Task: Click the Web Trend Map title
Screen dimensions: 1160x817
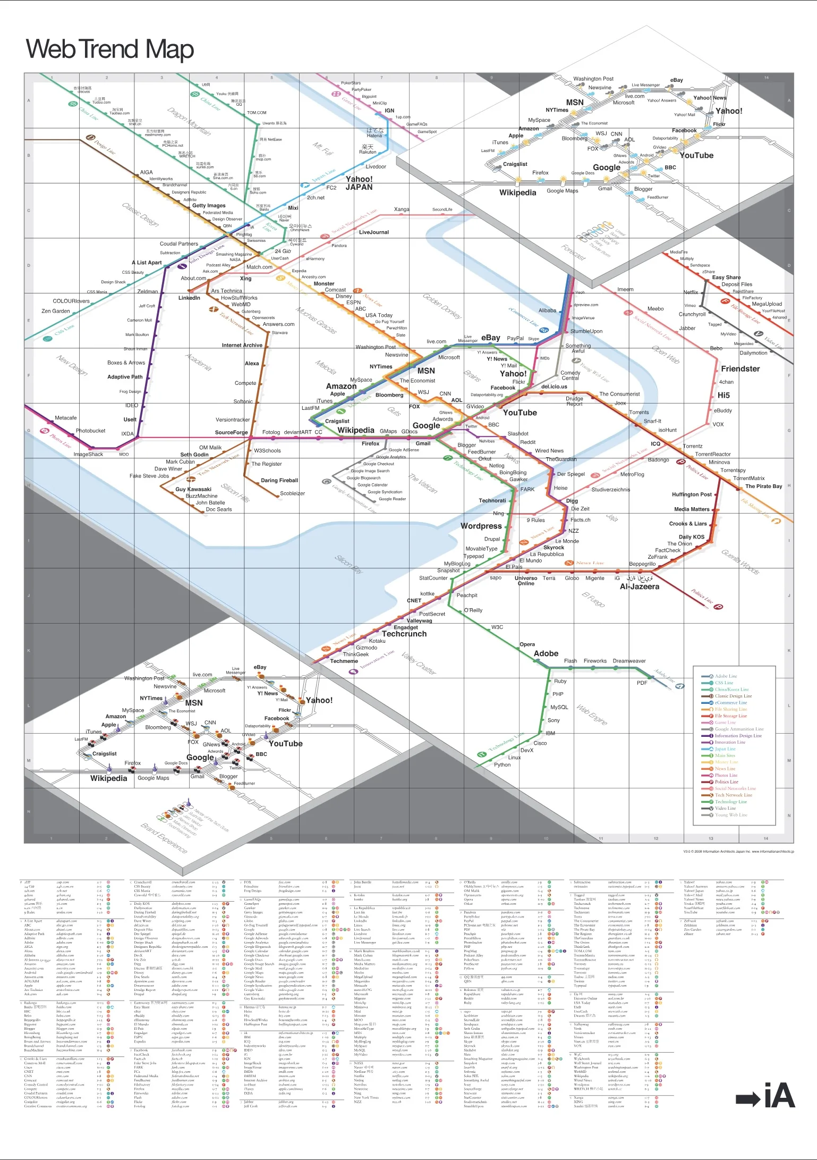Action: click(x=110, y=49)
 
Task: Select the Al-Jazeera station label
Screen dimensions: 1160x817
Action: click(x=640, y=586)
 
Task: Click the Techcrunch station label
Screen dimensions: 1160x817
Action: click(x=404, y=634)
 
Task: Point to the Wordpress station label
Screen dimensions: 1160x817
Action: click(x=481, y=526)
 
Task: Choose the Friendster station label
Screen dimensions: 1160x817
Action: click(x=740, y=368)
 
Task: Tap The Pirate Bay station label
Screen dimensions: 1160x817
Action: click(x=763, y=486)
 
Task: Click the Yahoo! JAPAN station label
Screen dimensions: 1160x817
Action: click(x=359, y=183)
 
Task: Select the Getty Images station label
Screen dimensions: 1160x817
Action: click(x=209, y=205)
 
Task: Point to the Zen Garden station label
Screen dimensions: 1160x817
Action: click(x=56, y=311)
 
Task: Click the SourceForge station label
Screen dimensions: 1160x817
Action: click(x=231, y=432)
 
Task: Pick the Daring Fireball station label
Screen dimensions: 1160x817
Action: click(x=279, y=480)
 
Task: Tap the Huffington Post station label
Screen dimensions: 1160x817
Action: click(x=692, y=494)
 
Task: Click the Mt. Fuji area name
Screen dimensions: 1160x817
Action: click(x=322, y=148)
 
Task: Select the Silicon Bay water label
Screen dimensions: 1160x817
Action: click(x=348, y=564)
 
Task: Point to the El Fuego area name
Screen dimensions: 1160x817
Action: click(x=593, y=599)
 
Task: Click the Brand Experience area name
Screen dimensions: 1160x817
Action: click(x=164, y=838)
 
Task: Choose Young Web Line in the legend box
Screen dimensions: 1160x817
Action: click(x=730, y=815)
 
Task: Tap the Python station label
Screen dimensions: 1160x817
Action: click(x=502, y=764)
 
